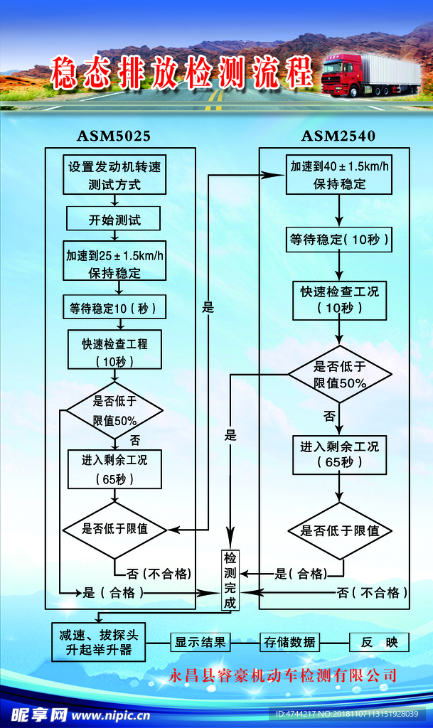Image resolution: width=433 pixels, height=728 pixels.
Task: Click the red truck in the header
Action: [370, 74]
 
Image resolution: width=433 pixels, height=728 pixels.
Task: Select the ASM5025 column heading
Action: [114, 135]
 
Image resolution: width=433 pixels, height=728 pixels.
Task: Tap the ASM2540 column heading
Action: [338, 135]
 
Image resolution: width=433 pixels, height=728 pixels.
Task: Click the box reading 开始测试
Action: [114, 220]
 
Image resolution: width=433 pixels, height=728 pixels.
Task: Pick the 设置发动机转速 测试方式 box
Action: [114, 176]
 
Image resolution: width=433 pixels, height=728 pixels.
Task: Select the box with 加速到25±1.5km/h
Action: [114, 264]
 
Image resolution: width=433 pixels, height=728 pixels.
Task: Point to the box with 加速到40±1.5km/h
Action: [339, 175]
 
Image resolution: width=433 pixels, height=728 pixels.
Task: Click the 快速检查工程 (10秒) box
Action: [114, 352]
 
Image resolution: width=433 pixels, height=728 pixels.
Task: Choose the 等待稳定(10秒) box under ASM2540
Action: [339, 240]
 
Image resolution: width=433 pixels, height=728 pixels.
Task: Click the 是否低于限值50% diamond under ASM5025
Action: [114, 411]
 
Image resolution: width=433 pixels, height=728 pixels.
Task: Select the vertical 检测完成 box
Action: [230, 579]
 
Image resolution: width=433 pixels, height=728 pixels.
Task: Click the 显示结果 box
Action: [200, 642]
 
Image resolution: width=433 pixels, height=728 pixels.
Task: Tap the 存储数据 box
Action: [289, 642]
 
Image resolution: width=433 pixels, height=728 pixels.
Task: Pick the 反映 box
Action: [379, 642]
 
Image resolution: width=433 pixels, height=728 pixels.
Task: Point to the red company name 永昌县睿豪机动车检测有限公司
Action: [282, 675]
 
